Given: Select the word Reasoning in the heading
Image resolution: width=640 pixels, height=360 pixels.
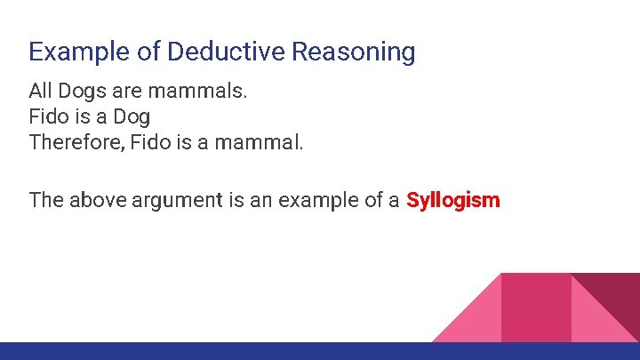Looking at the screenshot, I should (354, 52).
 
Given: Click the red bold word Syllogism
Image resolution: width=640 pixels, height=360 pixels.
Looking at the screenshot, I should (453, 200).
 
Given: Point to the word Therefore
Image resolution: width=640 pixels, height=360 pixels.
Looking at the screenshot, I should (76, 142).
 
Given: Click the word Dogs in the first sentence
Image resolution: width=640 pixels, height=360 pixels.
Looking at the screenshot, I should (82, 91).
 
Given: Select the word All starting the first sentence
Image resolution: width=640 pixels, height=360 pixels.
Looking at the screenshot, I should (40, 91).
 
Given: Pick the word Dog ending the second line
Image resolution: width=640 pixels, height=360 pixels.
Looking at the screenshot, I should (132, 116).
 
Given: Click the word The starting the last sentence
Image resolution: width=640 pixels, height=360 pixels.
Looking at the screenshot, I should (45, 200).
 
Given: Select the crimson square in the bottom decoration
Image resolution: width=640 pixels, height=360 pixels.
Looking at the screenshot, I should (535, 307).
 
